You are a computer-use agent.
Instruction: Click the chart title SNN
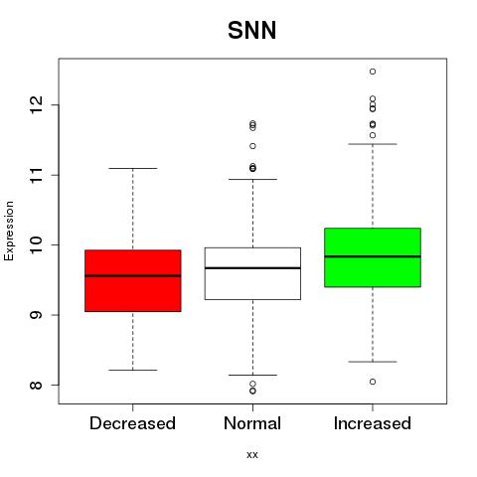(x=251, y=30)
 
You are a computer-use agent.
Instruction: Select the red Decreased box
(x=133, y=281)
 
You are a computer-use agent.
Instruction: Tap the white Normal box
(x=252, y=273)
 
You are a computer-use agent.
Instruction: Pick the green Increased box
(x=373, y=257)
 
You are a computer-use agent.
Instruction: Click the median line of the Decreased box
(x=133, y=275)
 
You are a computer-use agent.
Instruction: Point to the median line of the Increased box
(x=373, y=256)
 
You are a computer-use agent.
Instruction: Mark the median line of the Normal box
(x=252, y=268)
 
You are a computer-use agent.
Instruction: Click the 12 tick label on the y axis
(x=37, y=105)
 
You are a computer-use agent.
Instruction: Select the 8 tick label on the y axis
(x=37, y=385)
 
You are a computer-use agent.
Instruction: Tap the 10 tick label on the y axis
(x=37, y=244)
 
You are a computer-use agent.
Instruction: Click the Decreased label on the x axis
(x=132, y=423)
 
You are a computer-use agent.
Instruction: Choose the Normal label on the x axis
(x=252, y=423)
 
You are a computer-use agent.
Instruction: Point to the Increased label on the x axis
(x=373, y=423)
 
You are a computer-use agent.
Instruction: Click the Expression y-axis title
(x=9, y=231)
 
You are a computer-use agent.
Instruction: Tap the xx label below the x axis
(x=252, y=455)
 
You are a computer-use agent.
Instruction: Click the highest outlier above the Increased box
(x=373, y=72)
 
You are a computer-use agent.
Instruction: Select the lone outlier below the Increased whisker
(x=373, y=382)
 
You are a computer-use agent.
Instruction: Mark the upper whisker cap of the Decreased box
(x=133, y=168)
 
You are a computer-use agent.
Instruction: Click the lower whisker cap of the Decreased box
(x=133, y=370)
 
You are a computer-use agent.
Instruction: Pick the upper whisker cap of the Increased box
(x=373, y=144)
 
